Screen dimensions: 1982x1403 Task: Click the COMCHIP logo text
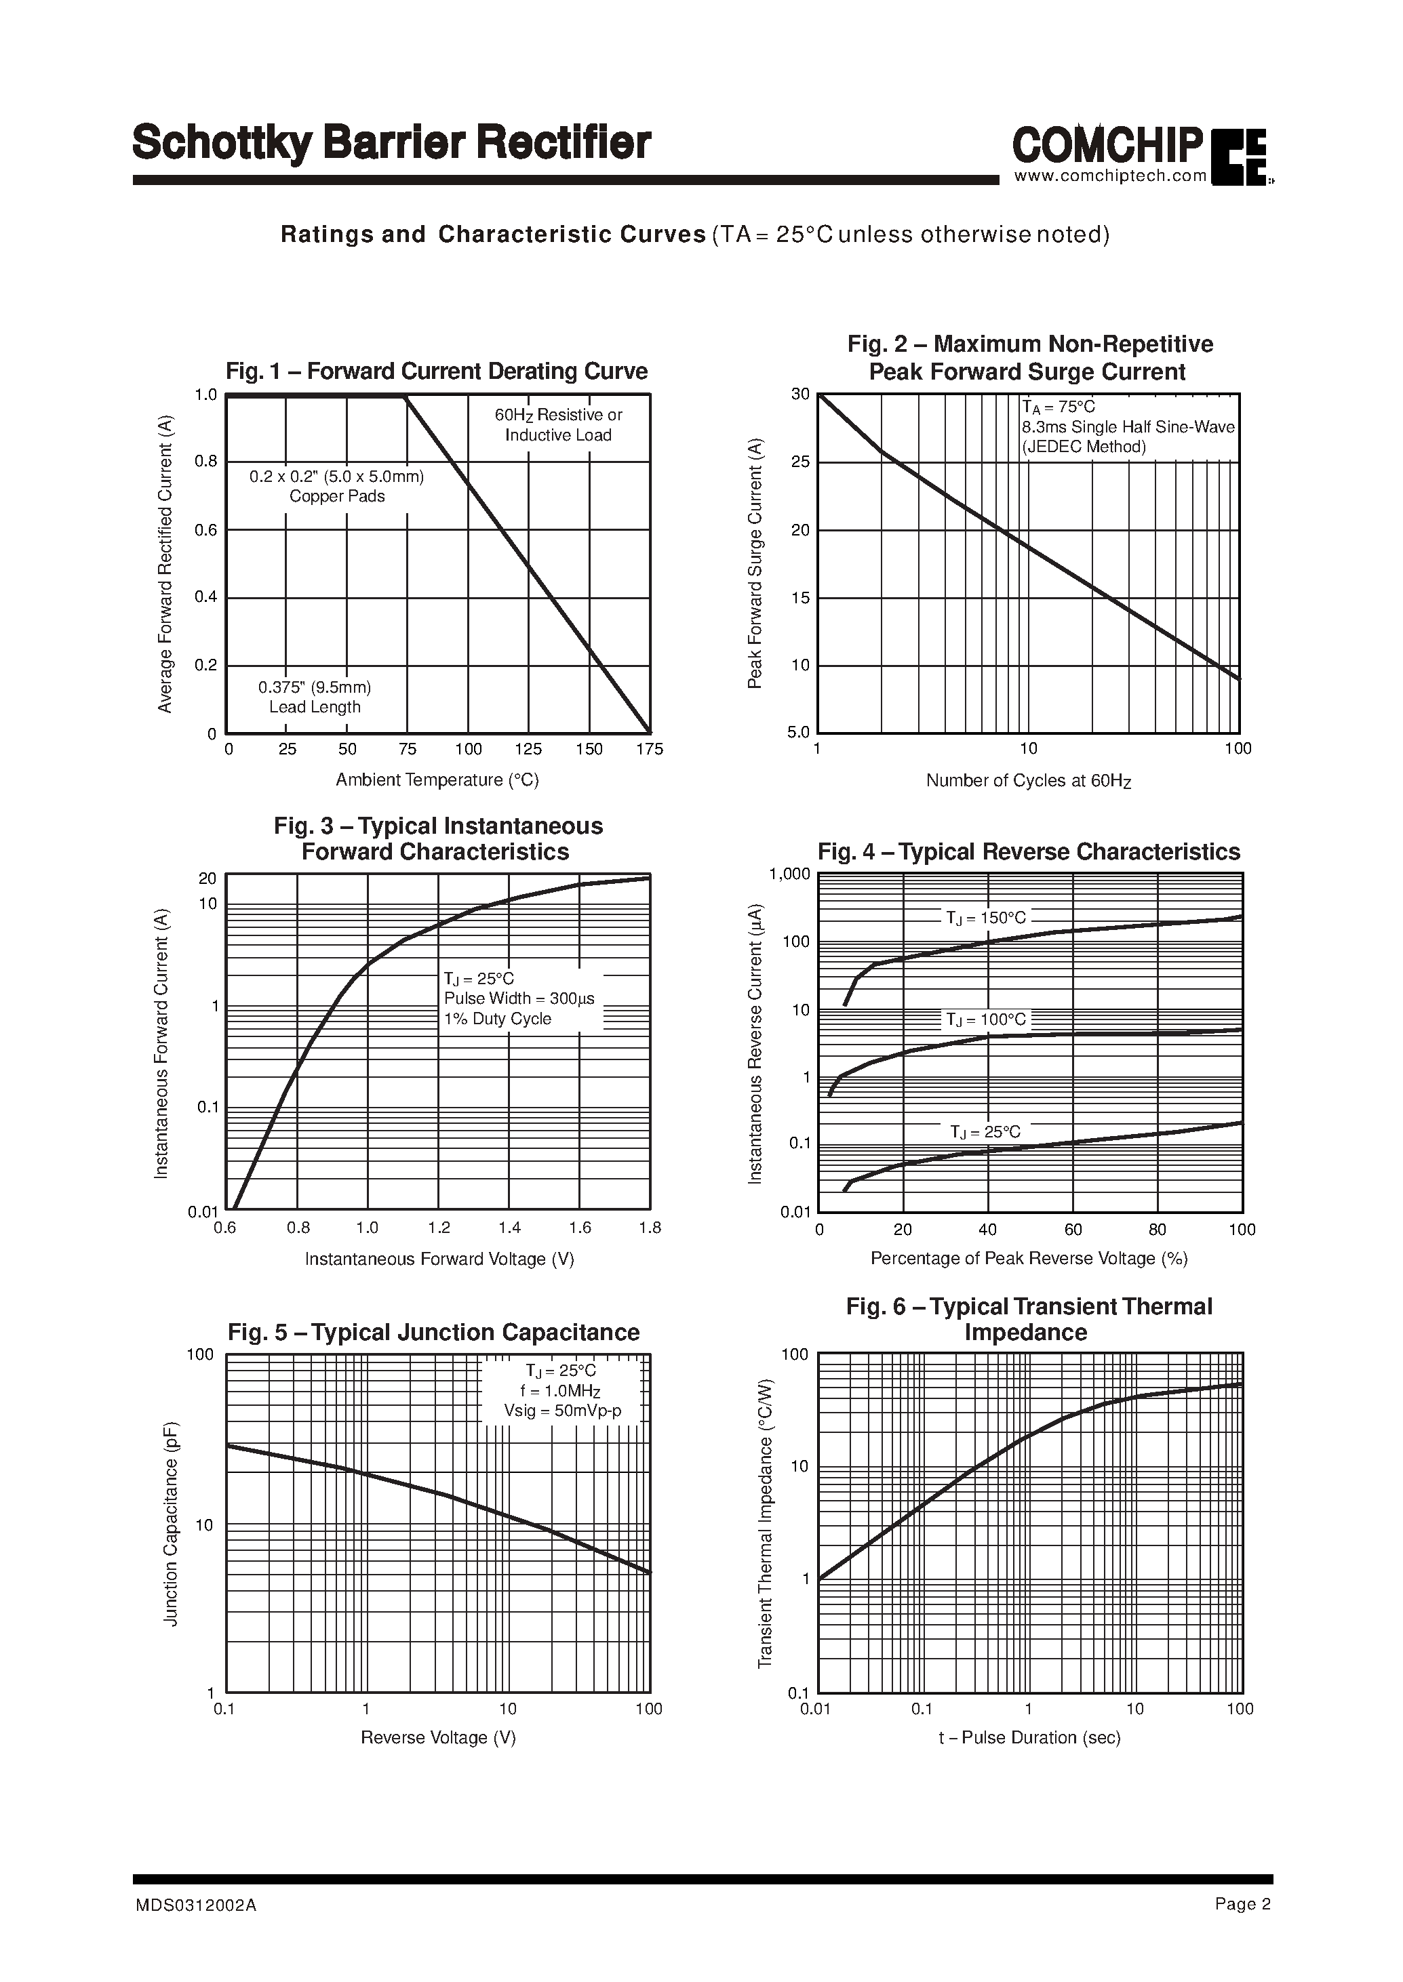click(x=1107, y=144)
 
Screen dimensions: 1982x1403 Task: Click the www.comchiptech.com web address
click(x=1110, y=176)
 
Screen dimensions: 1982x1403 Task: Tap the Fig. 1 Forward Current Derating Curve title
click(x=436, y=371)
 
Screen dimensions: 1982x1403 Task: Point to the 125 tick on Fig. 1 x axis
click(x=529, y=750)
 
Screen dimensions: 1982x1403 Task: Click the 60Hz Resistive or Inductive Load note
click(x=558, y=425)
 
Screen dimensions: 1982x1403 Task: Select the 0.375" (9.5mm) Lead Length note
click(x=315, y=697)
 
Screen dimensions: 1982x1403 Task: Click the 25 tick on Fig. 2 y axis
click(x=801, y=462)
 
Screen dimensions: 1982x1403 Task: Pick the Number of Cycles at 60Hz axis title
click(x=1028, y=781)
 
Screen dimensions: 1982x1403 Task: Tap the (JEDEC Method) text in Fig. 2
click(x=1084, y=447)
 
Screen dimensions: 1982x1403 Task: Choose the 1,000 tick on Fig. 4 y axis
click(x=789, y=874)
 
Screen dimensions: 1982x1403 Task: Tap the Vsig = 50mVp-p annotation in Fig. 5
click(x=562, y=1411)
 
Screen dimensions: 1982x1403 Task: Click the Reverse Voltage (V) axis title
click(x=438, y=1737)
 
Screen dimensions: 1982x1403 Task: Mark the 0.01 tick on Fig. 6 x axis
click(x=816, y=1708)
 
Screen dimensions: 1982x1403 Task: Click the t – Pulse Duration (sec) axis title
click(x=1029, y=1737)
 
